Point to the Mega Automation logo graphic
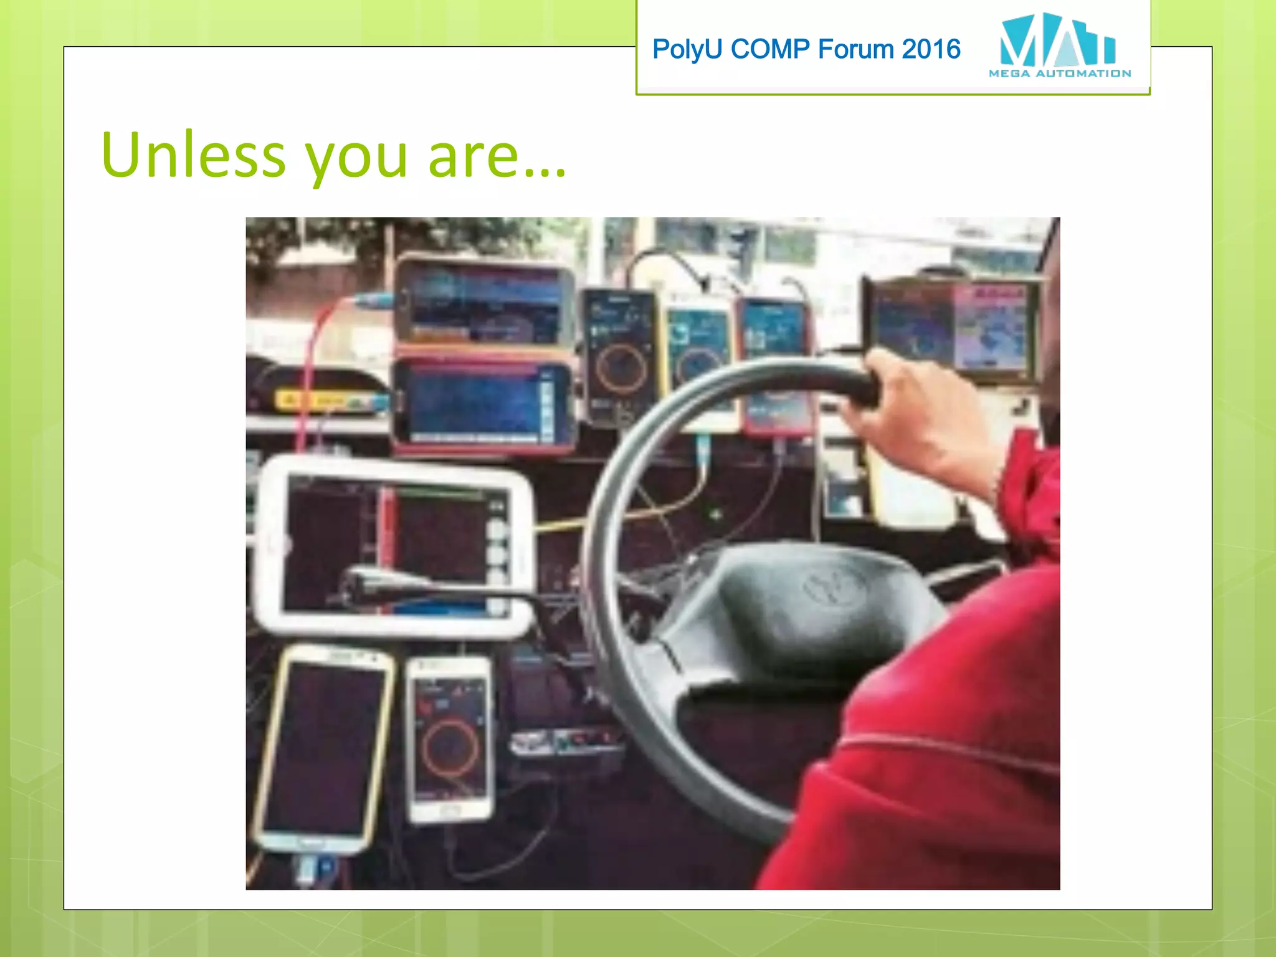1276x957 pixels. [x=1057, y=40]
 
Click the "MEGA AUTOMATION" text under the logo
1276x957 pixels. [x=1059, y=74]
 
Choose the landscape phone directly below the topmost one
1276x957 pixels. [x=483, y=404]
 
